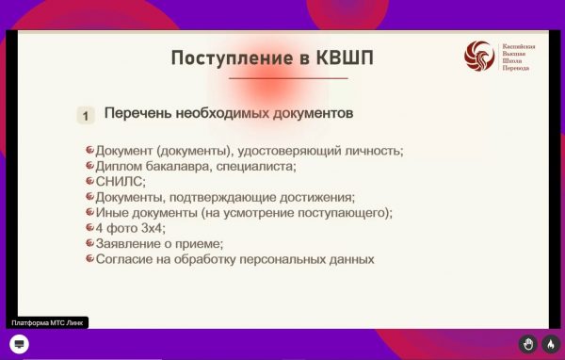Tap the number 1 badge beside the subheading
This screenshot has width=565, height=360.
(86, 116)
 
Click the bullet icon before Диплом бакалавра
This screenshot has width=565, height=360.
(89, 166)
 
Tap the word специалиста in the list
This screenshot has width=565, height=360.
(258, 167)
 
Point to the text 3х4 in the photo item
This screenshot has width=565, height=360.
(149, 228)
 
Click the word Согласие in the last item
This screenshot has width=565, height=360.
(126, 258)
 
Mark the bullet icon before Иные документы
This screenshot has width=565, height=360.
(89, 212)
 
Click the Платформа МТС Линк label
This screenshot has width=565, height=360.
(48, 323)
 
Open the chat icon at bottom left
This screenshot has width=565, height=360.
(19, 343)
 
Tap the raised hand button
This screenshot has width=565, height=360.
(528, 344)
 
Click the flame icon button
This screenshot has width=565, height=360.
(550, 344)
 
